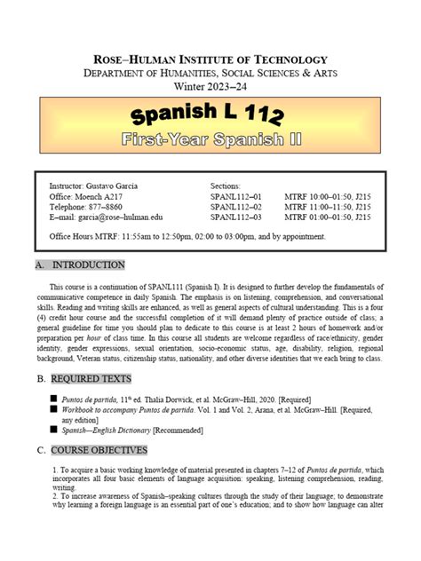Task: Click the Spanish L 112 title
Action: tap(210, 115)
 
